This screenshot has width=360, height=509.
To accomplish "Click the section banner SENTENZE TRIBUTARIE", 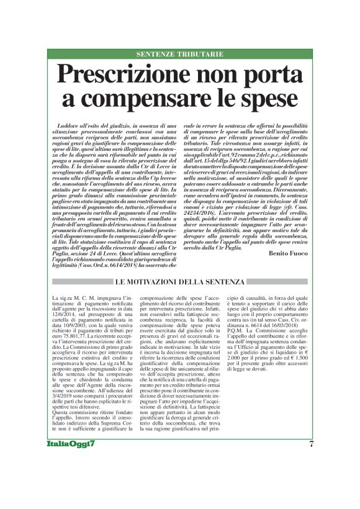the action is pos(179,55).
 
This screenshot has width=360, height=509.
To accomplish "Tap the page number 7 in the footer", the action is pos(310,478).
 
